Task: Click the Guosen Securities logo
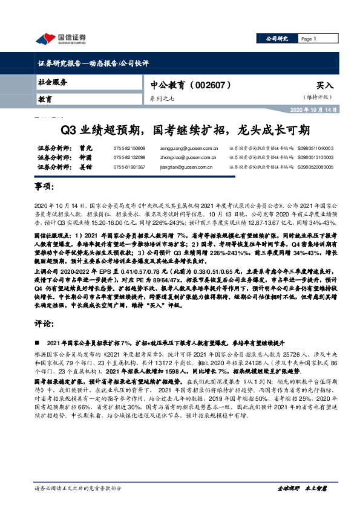[x=60, y=39]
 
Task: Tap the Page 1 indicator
[x=309, y=39]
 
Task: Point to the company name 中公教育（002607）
[x=190, y=86]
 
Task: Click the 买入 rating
[x=324, y=86]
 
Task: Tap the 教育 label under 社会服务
[x=46, y=99]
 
